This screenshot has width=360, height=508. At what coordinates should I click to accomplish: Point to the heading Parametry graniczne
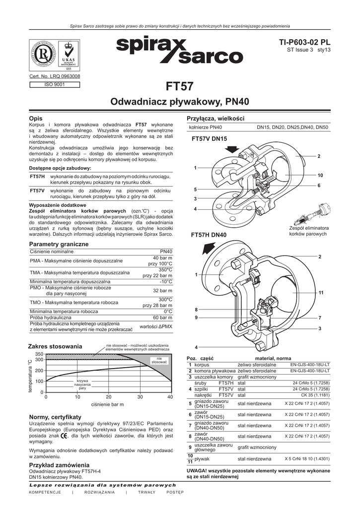[59, 245]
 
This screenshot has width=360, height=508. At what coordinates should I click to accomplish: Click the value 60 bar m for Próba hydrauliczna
[162, 317]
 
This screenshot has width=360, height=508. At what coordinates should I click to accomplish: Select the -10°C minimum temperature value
[165, 281]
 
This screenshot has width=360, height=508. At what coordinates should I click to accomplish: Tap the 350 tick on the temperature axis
[39, 354]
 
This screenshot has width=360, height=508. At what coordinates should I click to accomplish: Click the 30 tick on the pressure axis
[140, 397]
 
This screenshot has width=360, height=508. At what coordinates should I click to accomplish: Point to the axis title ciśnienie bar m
[108, 405]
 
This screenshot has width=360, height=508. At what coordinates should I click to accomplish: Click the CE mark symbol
[65, 436]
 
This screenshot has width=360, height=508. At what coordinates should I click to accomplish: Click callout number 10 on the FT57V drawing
[320, 176]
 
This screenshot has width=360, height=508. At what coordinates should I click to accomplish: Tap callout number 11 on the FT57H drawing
[321, 293]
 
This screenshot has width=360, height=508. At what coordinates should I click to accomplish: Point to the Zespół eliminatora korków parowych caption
[308, 231]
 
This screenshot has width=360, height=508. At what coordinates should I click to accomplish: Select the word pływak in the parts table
[202, 459]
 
